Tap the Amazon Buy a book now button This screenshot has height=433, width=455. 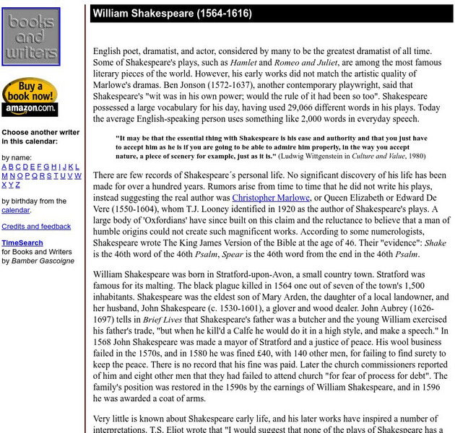pos(30,97)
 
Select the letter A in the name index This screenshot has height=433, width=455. pos(4,167)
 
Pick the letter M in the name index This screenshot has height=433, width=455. pos(5,175)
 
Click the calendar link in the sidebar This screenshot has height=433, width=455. pos(15,210)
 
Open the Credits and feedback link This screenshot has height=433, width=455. pos(36,226)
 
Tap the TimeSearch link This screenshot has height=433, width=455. pos(22,243)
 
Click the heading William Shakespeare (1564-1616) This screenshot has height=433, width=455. pos(172,14)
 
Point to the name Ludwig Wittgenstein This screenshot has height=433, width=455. pos(311,155)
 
